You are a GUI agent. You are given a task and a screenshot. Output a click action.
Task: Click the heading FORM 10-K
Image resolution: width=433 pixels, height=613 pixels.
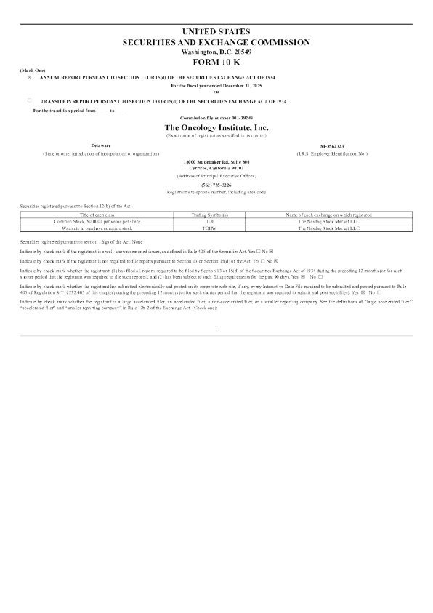point(216,62)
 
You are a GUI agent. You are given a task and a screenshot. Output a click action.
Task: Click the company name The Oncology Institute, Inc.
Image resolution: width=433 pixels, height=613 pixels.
point(216,127)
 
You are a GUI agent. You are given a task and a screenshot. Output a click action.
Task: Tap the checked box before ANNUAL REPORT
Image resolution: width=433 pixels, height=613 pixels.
point(30,77)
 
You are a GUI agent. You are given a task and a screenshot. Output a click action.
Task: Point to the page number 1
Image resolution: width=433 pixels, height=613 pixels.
point(216,330)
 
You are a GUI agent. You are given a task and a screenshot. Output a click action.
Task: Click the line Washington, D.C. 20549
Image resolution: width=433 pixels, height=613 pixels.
point(216,52)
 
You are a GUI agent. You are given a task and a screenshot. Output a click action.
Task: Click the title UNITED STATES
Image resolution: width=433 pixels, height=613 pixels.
point(216,31)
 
